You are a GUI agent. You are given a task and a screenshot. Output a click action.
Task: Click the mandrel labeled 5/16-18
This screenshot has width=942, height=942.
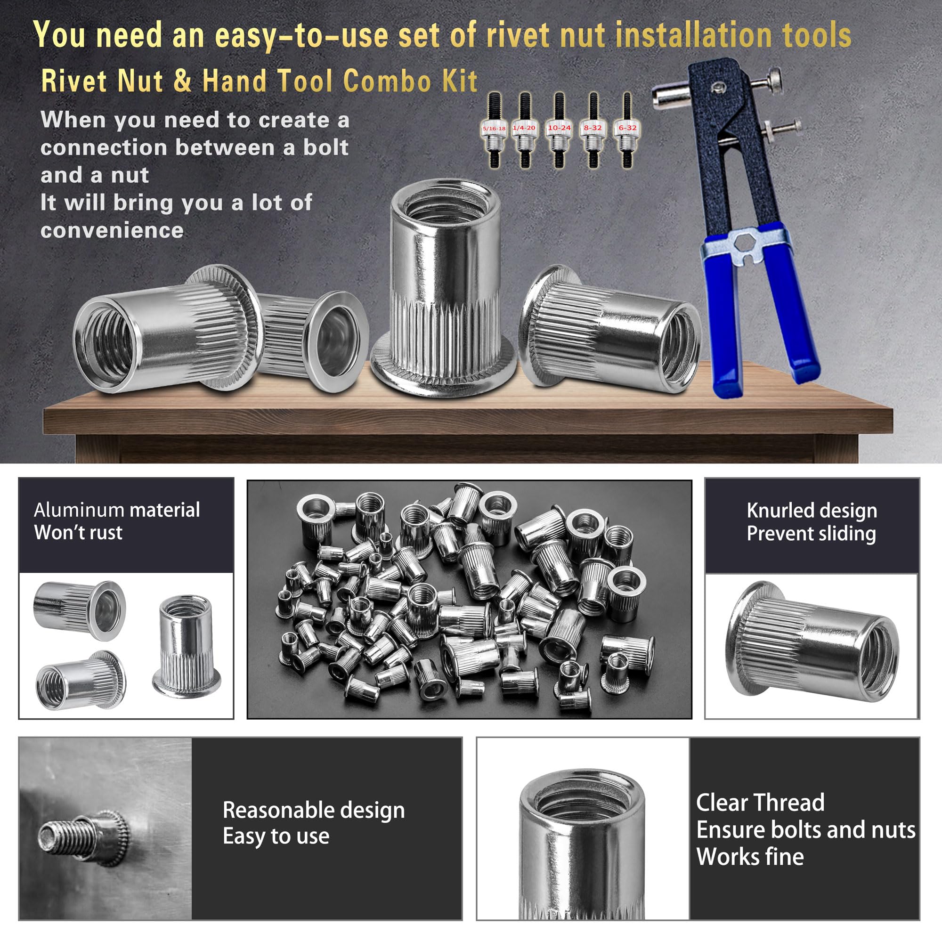coord(495,130)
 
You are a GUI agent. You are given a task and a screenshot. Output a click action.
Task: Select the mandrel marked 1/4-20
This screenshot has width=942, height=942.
coord(525,130)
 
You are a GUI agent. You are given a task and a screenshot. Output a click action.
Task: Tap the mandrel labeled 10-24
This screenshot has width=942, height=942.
coord(559,130)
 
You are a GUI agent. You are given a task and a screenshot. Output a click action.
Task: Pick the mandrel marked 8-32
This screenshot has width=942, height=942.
coord(593,130)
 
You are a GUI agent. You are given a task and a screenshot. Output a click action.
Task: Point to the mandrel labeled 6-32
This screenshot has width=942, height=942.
coord(627,130)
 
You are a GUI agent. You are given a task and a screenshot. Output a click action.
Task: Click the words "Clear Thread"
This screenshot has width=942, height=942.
coord(760,803)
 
